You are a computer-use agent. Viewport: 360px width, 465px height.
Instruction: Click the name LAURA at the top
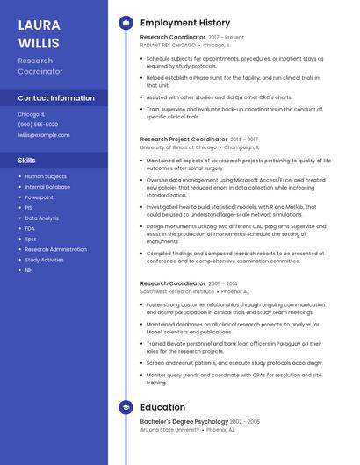pyautogui.click(x=39, y=25)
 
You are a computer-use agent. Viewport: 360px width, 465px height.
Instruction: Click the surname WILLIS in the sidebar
pyautogui.click(x=39, y=42)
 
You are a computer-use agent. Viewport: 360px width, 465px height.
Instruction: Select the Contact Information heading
pyautogui.click(x=56, y=98)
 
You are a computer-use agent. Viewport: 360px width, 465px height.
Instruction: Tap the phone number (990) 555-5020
pyautogui.click(x=38, y=125)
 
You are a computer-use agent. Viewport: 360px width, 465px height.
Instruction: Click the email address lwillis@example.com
pyautogui.click(x=44, y=135)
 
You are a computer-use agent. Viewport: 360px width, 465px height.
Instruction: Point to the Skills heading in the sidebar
pyautogui.click(x=27, y=161)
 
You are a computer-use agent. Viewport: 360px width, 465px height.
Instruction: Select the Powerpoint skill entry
pyautogui.click(x=39, y=197)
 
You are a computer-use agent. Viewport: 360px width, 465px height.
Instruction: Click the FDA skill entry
pyautogui.click(x=30, y=228)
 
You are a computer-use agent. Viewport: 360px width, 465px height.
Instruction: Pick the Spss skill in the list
pyautogui.click(x=31, y=239)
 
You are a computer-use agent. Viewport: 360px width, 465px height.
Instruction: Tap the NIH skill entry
pyautogui.click(x=29, y=270)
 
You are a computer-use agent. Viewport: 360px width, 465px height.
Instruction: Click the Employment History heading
pyautogui.click(x=185, y=23)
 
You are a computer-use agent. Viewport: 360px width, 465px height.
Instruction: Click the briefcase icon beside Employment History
pyautogui.click(x=126, y=23)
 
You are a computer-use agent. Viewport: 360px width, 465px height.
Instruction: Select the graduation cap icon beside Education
pyautogui.click(x=126, y=407)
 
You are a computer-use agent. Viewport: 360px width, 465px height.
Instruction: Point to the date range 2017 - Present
pyautogui.click(x=227, y=38)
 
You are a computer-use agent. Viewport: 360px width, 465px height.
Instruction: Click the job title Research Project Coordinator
pyautogui.click(x=184, y=139)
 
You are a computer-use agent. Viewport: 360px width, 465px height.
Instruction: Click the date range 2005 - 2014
pyautogui.click(x=223, y=283)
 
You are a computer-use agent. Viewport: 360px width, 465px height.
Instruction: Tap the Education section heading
pyautogui.click(x=162, y=407)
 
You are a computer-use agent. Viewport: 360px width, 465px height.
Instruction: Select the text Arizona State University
pyautogui.click(x=169, y=430)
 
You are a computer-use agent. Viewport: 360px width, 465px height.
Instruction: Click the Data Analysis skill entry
pyautogui.click(x=41, y=218)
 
